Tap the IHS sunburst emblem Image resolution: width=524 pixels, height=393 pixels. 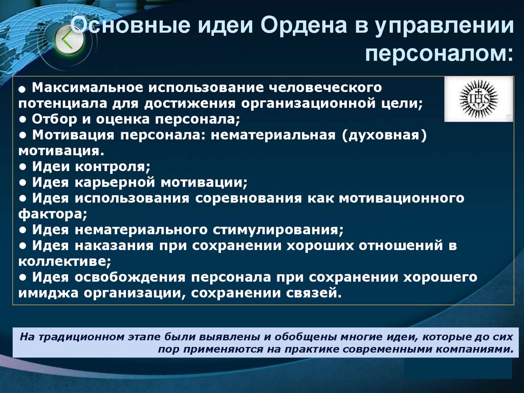[478, 99]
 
